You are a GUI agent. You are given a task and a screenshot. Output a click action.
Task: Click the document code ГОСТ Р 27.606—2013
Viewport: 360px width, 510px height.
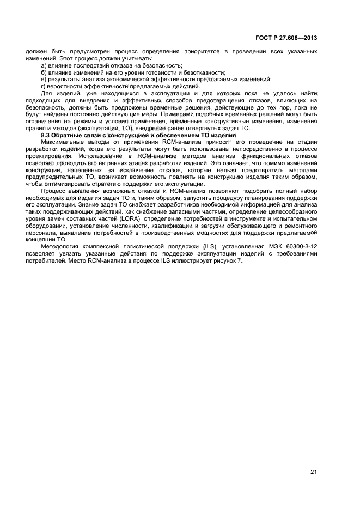287,38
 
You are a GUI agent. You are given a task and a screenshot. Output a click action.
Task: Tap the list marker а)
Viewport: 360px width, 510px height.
44,65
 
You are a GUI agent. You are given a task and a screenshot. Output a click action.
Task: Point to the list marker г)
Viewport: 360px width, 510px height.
44,86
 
